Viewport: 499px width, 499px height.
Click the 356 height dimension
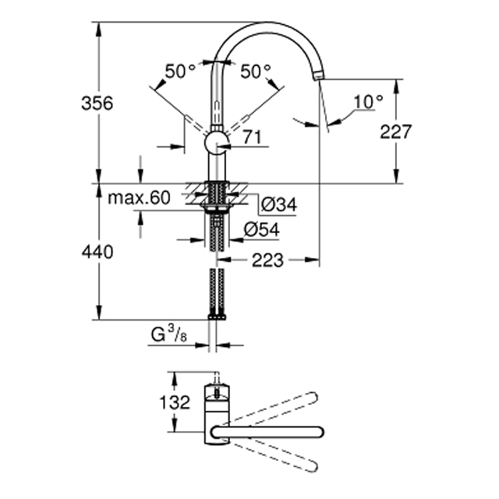pyautogui.click(x=97, y=104)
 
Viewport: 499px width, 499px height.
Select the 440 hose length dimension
pyautogui.click(x=97, y=253)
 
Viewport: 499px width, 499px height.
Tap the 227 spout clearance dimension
pyautogui.click(x=396, y=132)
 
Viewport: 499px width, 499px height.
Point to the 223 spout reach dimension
pyautogui.click(x=267, y=260)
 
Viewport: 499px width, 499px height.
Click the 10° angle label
pyautogui.click(x=368, y=102)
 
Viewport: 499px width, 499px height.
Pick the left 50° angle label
pyautogui.click(x=180, y=71)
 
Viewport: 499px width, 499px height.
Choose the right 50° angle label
pyautogui.click(x=256, y=71)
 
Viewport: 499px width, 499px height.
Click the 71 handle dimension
pyautogui.click(x=252, y=137)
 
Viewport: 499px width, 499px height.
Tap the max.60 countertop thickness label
pyautogui.click(x=140, y=198)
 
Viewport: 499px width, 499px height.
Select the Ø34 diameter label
pyautogui.click(x=279, y=204)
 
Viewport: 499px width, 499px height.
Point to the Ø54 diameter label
pyautogui.click(x=262, y=229)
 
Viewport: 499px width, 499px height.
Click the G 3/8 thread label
pyautogui.click(x=168, y=334)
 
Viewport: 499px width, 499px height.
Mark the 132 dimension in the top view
pyautogui.click(x=175, y=402)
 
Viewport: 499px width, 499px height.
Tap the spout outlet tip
pyautogui.click(x=318, y=76)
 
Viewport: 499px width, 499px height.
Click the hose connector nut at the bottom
pyautogui.click(x=217, y=317)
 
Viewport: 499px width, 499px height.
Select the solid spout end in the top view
pyautogui.click(x=318, y=432)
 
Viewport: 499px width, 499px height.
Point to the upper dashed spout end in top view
pyautogui.click(x=312, y=398)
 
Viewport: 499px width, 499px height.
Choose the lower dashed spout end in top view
pyautogui.click(x=312, y=466)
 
